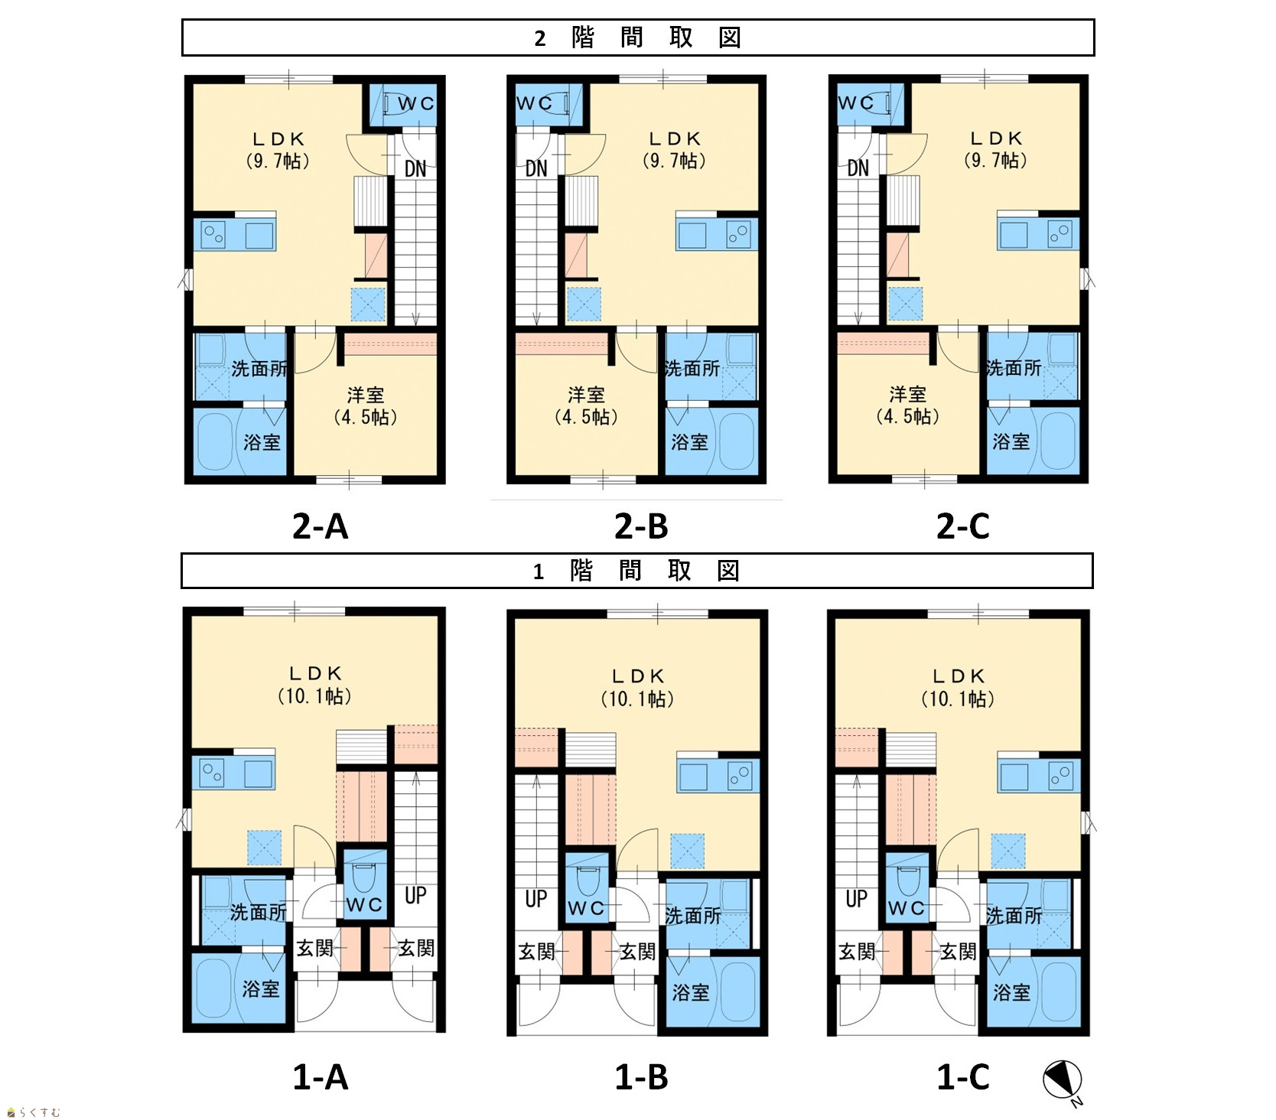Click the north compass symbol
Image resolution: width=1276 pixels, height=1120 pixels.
coord(1063,1080)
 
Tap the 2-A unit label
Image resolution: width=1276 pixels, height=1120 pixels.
coord(320,527)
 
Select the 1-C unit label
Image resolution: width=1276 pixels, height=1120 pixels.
coord(963,1078)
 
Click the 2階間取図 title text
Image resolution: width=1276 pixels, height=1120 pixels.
coord(637,37)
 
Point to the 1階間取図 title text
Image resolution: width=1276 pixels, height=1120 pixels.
coord(636,571)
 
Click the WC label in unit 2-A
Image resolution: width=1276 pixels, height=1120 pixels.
coord(415,103)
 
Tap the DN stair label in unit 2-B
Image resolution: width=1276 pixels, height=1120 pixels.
coord(536,168)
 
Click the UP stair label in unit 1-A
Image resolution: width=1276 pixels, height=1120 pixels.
coord(415,895)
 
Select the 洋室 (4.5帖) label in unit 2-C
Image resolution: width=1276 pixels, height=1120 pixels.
coord(907,405)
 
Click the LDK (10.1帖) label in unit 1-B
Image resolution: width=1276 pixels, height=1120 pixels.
coord(637,688)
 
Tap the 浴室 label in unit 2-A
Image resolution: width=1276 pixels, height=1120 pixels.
coord(262,442)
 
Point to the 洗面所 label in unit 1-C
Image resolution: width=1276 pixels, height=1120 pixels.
coord(1014,915)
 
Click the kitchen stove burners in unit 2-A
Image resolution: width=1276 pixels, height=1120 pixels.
coord(213,235)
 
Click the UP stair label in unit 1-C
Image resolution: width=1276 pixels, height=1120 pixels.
coord(857,899)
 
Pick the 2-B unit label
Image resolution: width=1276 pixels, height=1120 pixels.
coord(641,527)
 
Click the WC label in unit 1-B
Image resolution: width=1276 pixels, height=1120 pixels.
coord(586,908)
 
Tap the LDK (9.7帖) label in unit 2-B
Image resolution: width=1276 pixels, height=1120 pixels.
coord(674,150)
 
